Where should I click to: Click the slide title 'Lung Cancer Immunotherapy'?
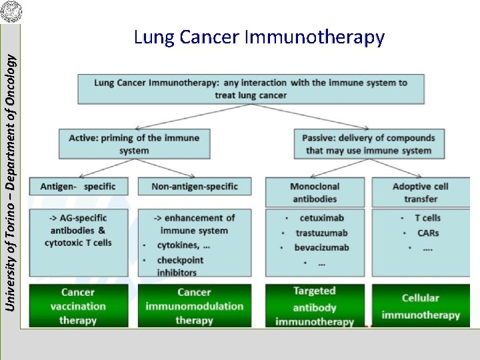pyautogui.click(x=259, y=37)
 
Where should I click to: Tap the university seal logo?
pyautogui.click(x=11, y=11)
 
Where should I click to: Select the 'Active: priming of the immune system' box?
pyautogui.click(x=133, y=144)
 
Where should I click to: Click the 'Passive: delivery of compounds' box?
pyautogui.click(x=368, y=144)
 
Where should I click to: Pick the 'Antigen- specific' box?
pyautogui.click(x=77, y=187)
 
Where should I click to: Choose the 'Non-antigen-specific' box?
pyautogui.click(x=195, y=187)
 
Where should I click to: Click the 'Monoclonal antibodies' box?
pyautogui.click(x=315, y=192)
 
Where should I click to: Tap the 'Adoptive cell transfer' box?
pyautogui.click(x=420, y=192)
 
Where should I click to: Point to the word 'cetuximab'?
pyautogui.click(x=321, y=218)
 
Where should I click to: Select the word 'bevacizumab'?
pyautogui.click(x=321, y=247)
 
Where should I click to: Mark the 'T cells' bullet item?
pyautogui.click(x=427, y=218)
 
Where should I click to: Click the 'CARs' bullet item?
pyautogui.click(x=427, y=233)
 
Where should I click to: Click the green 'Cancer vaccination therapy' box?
pyautogui.click(x=77, y=306)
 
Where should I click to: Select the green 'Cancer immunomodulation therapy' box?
pyautogui.click(x=194, y=306)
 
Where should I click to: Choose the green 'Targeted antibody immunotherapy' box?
pyautogui.click(x=315, y=306)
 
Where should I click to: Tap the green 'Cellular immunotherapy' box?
pyautogui.click(x=420, y=306)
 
